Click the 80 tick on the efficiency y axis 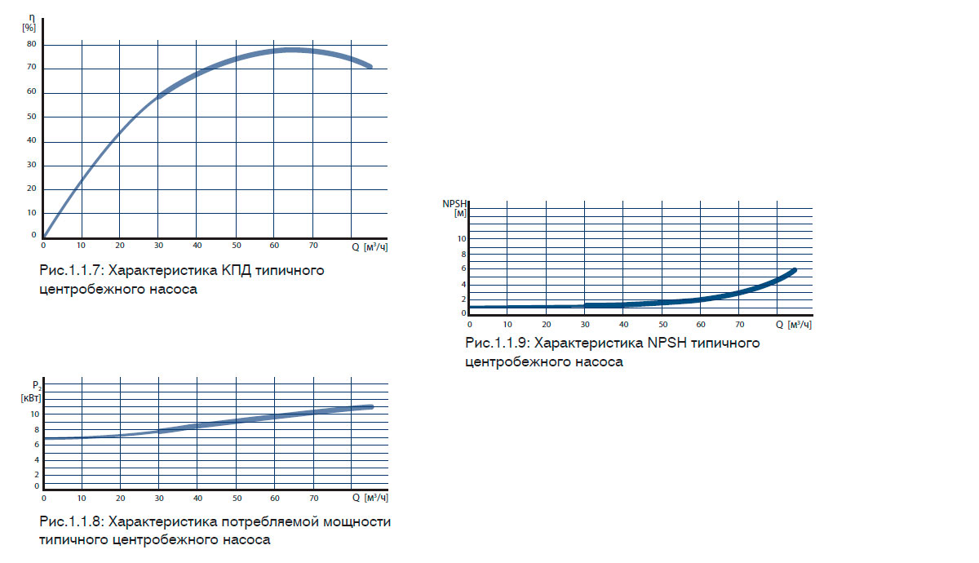pos(32,44)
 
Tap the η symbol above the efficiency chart pos(31,17)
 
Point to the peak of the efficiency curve pos(291,50)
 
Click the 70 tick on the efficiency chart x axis pos(314,246)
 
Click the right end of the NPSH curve pos(794,269)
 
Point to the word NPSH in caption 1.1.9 pos(668,343)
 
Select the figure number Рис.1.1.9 pos(497,343)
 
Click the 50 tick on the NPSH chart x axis pos(662,325)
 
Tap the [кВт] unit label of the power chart pos(31,397)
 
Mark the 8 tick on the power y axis pos(35,429)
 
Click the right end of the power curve pos(371,406)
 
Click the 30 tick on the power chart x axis pos(159,498)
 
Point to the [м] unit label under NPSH pos(459,213)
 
